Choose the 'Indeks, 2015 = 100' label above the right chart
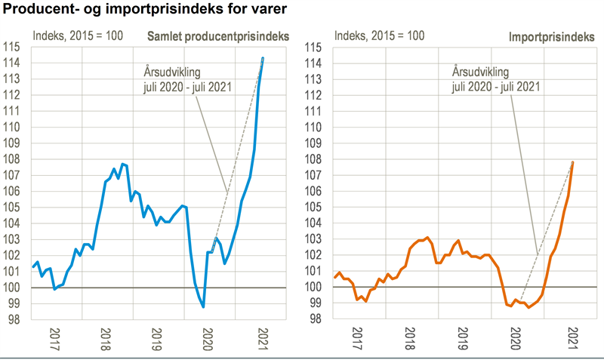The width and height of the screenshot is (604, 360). coord(380,35)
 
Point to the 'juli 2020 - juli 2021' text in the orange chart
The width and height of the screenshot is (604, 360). coord(496,86)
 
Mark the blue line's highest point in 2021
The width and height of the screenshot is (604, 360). coord(263,58)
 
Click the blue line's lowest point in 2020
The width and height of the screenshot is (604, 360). coord(203,306)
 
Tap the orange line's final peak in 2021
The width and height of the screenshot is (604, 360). coord(573,162)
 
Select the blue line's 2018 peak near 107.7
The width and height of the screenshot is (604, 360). coord(122,164)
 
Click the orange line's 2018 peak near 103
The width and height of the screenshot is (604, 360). coord(427,238)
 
